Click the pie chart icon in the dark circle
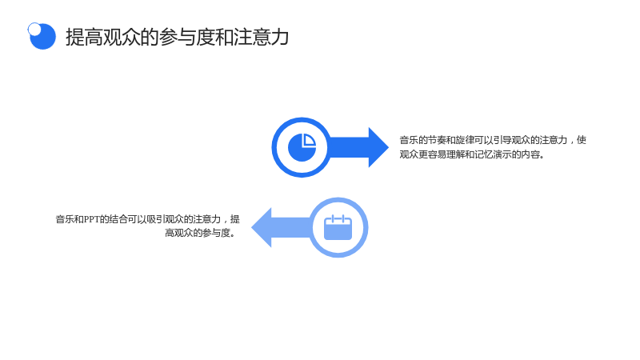(x=302, y=147)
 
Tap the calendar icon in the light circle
(x=338, y=227)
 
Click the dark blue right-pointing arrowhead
(x=378, y=147)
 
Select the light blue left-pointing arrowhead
(x=262, y=227)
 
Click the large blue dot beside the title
(x=43, y=37)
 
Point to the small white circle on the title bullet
(x=34, y=29)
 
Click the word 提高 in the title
(x=84, y=37)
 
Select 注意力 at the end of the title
(x=262, y=37)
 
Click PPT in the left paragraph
(x=92, y=219)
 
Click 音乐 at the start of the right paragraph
(x=409, y=141)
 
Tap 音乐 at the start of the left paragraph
(x=65, y=219)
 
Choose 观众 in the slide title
(x=122, y=37)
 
